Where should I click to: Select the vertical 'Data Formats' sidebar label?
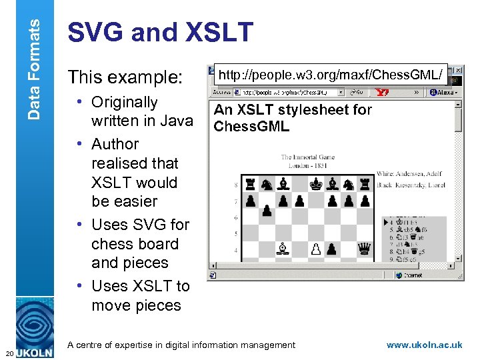pos(34,60)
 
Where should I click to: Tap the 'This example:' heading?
pos(125,77)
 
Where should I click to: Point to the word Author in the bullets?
pos(115,144)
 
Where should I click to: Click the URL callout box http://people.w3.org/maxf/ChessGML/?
pos(331,76)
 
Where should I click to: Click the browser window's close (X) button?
pos(459,70)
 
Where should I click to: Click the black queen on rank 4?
pos(364,249)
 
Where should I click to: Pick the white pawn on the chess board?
pos(316,249)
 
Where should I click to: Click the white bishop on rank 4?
pos(283,249)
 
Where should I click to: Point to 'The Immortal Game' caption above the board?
pos(307,158)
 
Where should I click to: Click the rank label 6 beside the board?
pos(235,218)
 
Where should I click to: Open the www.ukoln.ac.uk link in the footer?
pos(424,345)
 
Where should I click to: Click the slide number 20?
pos(7,353)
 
